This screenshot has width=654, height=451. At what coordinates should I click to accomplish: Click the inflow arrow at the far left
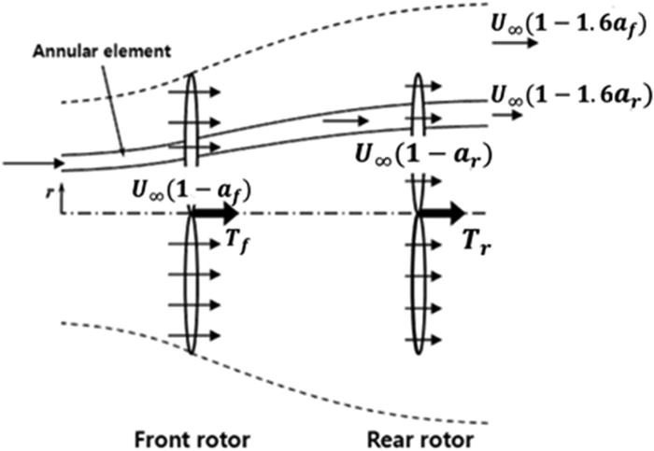(33, 163)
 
